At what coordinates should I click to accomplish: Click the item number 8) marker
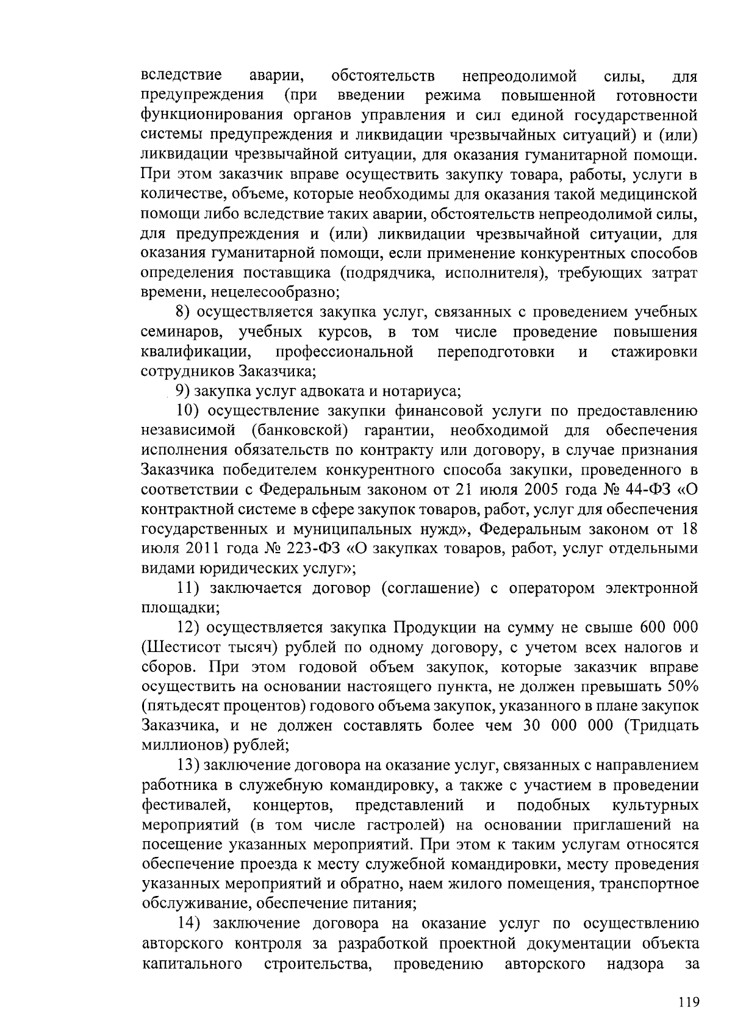pyautogui.click(x=183, y=313)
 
